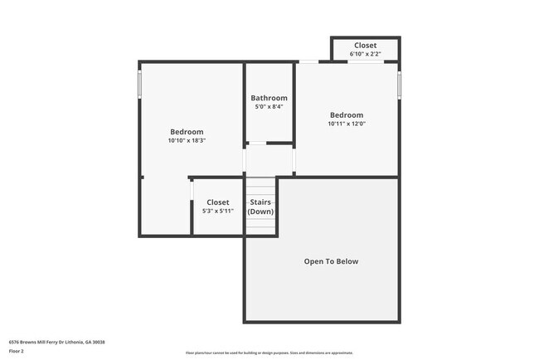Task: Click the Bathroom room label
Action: pyautogui.click(x=269, y=98)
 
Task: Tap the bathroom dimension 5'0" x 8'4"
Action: pyautogui.click(x=269, y=107)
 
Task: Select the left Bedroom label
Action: pyautogui.click(x=187, y=132)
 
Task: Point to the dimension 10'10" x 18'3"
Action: pyautogui.click(x=187, y=141)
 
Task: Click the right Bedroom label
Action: pyautogui.click(x=347, y=115)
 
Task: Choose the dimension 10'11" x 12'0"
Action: pyautogui.click(x=347, y=124)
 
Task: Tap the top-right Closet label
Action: pyautogui.click(x=366, y=46)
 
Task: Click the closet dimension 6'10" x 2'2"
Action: pyautogui.click(x=366, y=54)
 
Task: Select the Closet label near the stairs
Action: pyautogui.click(x=218, y=202)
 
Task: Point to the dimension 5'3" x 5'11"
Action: pyautogui.click(x=218, y=212)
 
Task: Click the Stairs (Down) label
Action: pyautogui.click(x=260, y=207)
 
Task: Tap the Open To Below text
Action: pyautogui.click(x=331, y=261)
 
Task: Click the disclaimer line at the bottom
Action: pyautogui.click(x=269, y=353)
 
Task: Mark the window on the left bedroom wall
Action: pyautogui.click(x=139, y=84)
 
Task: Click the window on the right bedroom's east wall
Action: pyautogui.click(x=399, y=84)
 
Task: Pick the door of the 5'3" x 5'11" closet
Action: pyautogui.click(x=192, y=192)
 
